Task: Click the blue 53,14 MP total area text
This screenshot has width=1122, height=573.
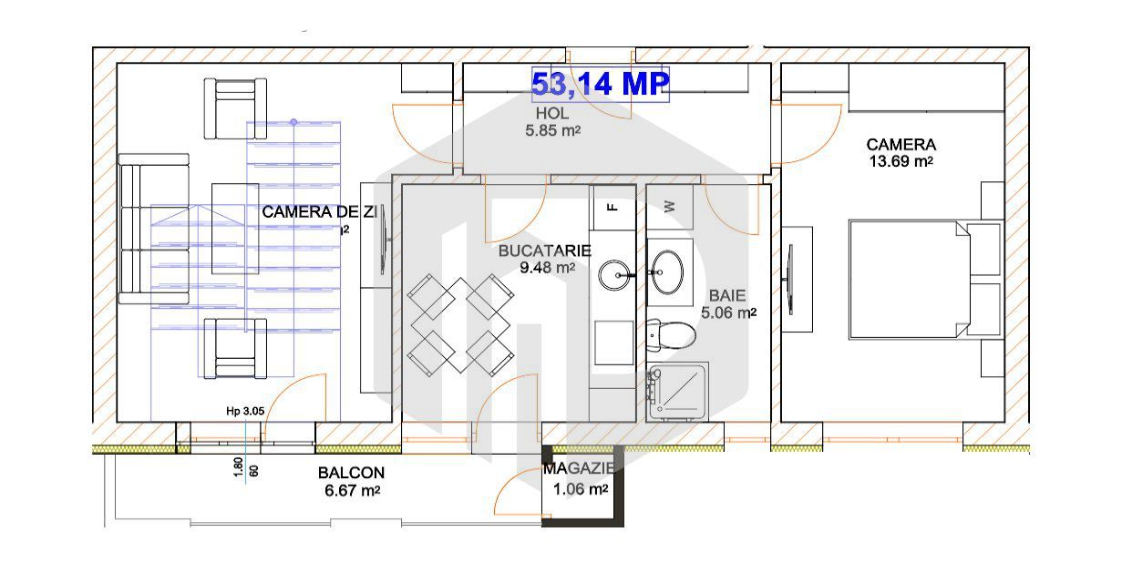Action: click(x=601, y=85)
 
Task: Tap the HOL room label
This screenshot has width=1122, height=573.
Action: click(x=552, y=114)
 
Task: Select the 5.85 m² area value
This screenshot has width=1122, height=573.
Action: click(x=552, y=131)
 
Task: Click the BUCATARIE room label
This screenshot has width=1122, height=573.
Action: click(x=544, y=251)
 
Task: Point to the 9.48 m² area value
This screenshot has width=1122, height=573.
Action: click(x=547, y=268)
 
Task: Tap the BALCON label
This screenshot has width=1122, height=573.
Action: click(x=351, y=474)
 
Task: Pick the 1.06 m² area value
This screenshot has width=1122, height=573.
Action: click(x=581, y=489)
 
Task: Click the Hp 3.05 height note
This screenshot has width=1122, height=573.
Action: click(x=245, y=411)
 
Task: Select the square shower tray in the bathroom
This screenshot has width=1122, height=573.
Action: click(x=678, y=392)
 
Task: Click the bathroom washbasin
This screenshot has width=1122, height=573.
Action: click(x=668, y=269)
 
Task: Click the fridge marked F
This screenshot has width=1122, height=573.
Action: click(x=612, y=208)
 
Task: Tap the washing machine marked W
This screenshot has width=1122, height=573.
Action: click(x=670, y=206)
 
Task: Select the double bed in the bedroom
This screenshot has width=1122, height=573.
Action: click(x=911, y=278)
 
